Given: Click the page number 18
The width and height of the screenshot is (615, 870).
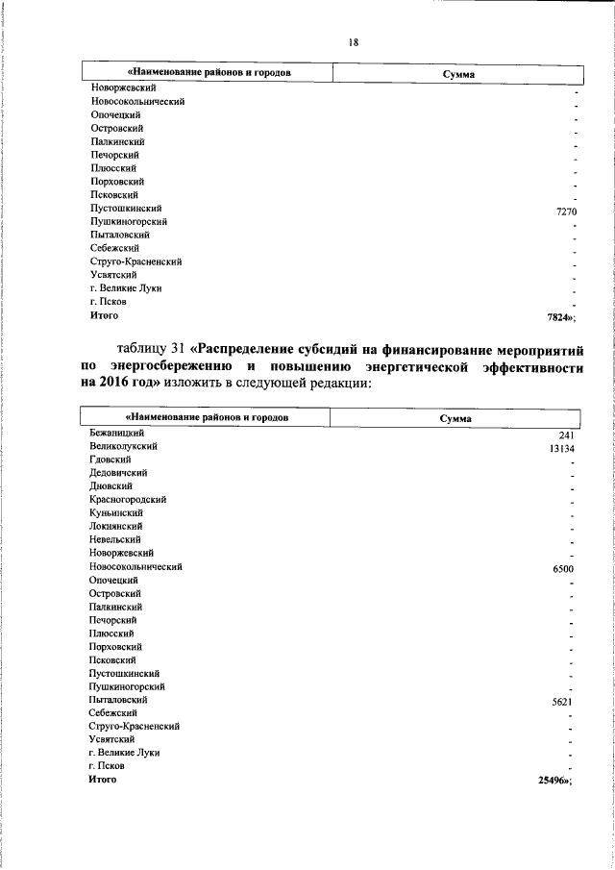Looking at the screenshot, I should (353, 41).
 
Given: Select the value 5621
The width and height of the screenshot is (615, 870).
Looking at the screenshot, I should (563, 703).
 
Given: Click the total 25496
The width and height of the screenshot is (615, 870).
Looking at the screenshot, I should (555, 782).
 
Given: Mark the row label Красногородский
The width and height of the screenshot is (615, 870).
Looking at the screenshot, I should (128, 500).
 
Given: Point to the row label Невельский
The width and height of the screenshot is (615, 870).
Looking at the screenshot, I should (114, 540).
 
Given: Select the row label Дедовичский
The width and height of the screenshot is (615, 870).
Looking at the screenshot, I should (118, 474).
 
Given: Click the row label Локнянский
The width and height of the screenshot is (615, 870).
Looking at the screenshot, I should (116, 527).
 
